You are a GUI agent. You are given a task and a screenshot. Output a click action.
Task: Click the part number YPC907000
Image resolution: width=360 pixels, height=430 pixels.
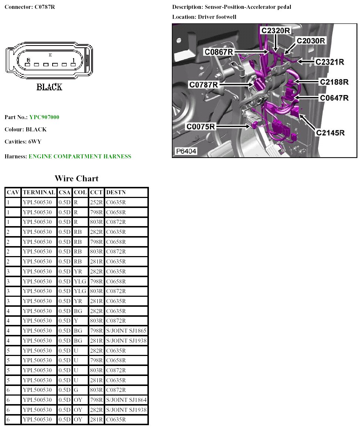44,117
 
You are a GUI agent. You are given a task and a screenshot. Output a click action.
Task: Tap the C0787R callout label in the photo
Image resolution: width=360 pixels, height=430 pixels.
203,85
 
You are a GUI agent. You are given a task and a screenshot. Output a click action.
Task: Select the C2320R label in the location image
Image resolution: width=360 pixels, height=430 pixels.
276,31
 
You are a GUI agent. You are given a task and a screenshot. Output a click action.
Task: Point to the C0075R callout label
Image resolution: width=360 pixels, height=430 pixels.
201,127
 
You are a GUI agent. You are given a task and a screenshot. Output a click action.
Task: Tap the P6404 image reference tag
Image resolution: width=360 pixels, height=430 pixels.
186,151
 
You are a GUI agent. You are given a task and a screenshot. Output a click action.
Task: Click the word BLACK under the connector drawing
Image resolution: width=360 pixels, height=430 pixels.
49,87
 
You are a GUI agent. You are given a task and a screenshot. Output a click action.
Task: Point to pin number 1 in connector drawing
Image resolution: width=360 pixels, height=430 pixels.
73,60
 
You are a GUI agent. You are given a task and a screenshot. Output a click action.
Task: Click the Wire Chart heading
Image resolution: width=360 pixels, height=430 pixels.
77,178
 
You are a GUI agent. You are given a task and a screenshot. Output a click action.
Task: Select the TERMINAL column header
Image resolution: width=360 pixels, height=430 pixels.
39,192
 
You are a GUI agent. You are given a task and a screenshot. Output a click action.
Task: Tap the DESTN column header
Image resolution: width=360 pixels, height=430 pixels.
116,192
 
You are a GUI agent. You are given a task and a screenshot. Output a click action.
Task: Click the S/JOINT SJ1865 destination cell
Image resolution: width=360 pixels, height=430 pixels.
126,330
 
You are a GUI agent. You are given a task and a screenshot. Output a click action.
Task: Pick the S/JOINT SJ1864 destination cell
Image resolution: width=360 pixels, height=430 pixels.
126,400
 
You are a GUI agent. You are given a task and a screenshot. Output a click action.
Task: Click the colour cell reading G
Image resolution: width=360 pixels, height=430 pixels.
76,390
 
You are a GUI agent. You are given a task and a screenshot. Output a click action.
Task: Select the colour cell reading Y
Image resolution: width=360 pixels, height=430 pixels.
76,320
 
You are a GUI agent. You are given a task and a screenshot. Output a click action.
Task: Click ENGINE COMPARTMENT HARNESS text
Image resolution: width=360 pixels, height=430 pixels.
80,157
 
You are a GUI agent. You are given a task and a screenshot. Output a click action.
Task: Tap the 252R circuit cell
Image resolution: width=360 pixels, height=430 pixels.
96,202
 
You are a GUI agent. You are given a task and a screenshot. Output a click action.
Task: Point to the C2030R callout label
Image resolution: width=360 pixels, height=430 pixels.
311,41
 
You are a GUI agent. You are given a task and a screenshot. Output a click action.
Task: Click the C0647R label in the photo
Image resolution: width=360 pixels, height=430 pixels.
334,98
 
